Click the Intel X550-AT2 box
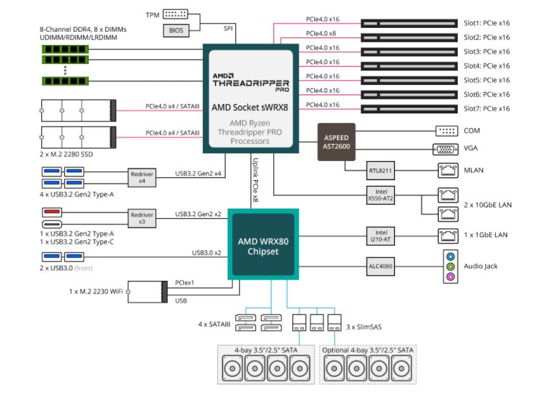(x=380, y=195)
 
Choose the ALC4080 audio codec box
(x=380, y=266)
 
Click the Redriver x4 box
(x=141, y=177)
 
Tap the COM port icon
(x=446, y=131)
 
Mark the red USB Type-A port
(x=53, y=212)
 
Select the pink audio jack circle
(x=450, y=276)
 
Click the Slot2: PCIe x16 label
(x=487, y=37)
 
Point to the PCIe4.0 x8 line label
(x=323, y=34)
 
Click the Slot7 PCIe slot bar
(x=409, y=108)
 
